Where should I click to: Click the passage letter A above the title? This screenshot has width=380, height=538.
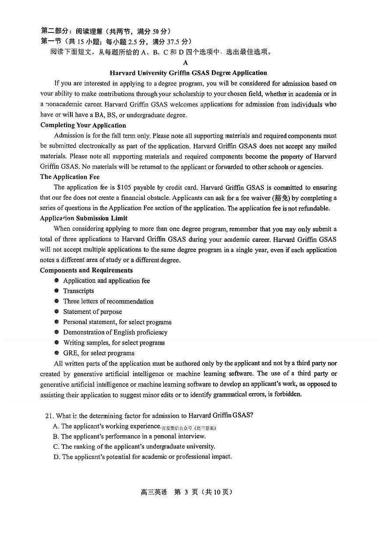(186, 63)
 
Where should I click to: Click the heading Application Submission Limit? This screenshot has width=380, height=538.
(84, 218)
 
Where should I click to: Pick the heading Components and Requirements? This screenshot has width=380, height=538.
(86, 270)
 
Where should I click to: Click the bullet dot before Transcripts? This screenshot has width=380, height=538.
(56, 291)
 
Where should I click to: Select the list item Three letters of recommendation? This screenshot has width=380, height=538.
(108, 301)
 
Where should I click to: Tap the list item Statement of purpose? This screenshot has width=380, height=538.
(92, 312)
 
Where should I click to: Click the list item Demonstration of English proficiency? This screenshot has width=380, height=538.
(115, 332)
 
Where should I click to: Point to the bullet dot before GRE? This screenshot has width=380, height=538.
(56, 353)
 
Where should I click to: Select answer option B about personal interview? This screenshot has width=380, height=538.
(129, 436)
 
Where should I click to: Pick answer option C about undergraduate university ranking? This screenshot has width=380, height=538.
(134, 446)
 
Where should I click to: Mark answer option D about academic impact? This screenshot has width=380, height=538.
(142, 456)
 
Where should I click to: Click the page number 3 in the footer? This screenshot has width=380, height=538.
(186, 492)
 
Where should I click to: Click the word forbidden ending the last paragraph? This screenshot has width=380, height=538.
(287, 394)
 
